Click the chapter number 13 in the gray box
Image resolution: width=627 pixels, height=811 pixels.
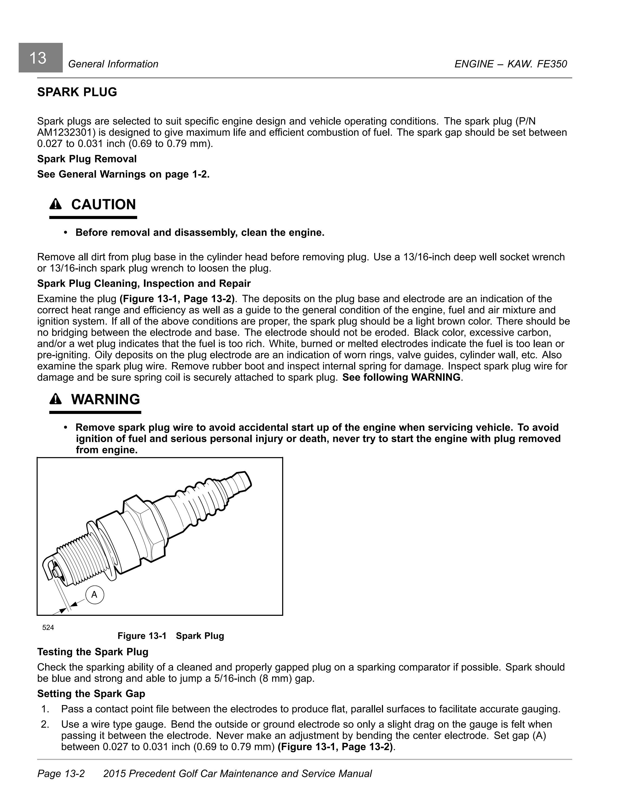38,58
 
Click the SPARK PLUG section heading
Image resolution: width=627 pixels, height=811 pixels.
77,92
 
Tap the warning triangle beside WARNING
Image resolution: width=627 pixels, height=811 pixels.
55,399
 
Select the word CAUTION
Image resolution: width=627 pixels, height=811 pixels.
103,205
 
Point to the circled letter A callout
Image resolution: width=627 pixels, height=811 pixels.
94,594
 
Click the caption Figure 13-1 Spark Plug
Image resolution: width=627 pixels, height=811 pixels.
171,636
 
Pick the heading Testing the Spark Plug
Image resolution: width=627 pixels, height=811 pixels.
93,652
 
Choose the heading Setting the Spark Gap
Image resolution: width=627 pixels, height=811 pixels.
91,694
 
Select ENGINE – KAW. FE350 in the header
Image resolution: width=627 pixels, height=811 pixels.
510,64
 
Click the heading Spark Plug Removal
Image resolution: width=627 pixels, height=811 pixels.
87,159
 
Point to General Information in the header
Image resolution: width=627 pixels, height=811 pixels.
113,64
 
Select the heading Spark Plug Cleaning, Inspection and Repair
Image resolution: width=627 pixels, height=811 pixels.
144,283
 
